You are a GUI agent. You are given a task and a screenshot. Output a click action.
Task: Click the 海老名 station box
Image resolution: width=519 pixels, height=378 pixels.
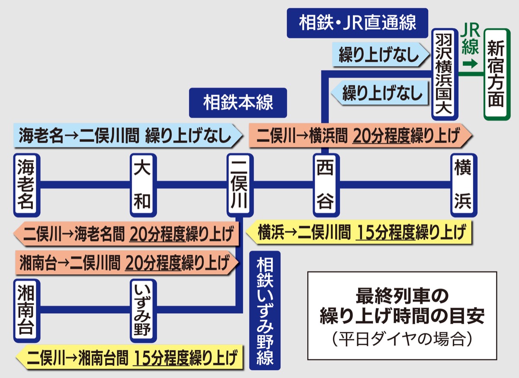coord(27,185)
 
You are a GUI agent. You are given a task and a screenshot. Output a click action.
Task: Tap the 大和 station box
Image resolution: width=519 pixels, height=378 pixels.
coord(143,185)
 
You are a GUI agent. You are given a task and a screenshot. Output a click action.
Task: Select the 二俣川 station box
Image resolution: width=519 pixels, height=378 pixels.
coord(240,185)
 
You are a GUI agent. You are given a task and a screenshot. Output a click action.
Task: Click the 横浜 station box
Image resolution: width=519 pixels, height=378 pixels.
coord(463,185)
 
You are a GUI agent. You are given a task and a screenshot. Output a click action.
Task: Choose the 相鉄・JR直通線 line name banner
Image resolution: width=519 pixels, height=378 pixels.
coord(357,23)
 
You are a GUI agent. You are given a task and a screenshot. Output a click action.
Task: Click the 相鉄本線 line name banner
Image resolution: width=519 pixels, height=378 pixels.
coord(238,103)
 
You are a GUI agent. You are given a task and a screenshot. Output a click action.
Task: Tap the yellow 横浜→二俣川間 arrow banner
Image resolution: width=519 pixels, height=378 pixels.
coord(359,234)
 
